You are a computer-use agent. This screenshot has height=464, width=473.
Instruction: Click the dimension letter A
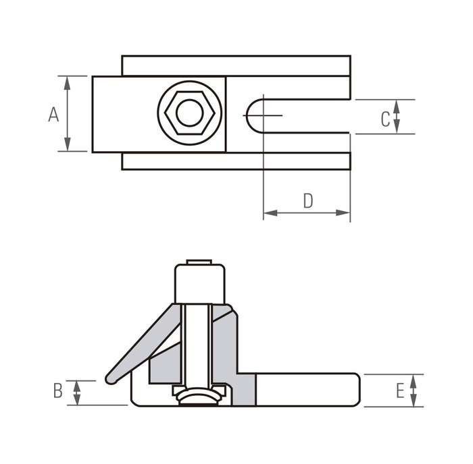[x=53, y=114]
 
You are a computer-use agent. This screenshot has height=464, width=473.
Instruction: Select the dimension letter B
[x=57, y=390]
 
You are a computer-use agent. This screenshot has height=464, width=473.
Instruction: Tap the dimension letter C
[x=385, y=119]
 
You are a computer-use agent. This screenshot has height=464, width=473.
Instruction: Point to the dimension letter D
[x=308, y=201]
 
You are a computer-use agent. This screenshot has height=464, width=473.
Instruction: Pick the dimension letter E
[x=400, y=390]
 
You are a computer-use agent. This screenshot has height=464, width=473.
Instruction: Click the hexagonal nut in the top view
[x=189, y=113]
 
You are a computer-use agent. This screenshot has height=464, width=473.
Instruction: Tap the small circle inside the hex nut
[x=189, y=113]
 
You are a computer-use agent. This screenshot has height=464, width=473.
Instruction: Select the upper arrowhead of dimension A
[x=68, y=83]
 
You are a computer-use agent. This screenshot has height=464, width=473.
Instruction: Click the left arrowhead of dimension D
[x=270, y=213]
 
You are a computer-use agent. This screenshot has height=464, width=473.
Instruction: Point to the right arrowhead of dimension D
[x=343, y=213]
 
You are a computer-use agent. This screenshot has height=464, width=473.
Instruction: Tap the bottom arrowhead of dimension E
[x=414, y=400]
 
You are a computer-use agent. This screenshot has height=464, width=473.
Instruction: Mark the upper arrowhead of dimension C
[x=397, y=107]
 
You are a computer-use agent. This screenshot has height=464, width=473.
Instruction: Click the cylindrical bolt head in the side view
[x=200, y=284]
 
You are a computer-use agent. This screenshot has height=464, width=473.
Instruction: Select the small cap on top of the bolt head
[x=199, y=262]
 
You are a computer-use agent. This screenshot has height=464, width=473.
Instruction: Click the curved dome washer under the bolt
[x=197, y=397]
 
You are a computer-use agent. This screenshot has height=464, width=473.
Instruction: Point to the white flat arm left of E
[x=307, y=390]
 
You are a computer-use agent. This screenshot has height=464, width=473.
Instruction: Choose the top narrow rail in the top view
[x=236, y=65]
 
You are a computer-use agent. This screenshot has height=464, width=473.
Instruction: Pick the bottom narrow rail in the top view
[x=236, y=161]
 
